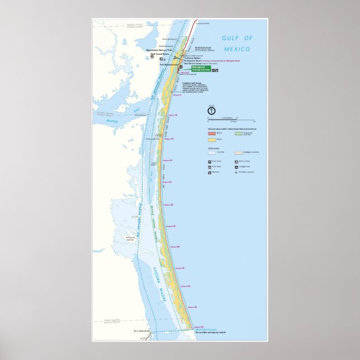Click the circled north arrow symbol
211,111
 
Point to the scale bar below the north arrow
229,120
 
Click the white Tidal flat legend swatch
211,151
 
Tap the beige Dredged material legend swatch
238,151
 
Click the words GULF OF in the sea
238,38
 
